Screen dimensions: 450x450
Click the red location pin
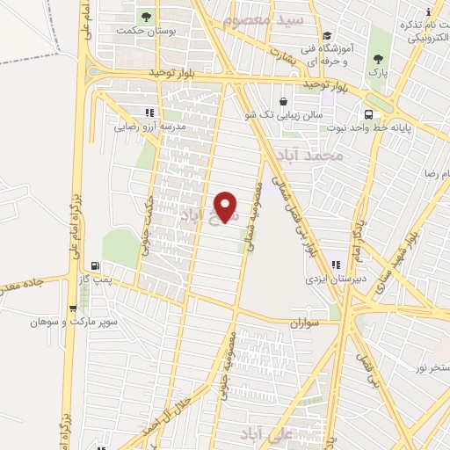click(227, 207)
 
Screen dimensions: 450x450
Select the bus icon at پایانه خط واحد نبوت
click(367, 114)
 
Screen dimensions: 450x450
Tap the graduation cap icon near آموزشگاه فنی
click(327, 36)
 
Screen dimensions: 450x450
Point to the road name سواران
click(310, 324)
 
